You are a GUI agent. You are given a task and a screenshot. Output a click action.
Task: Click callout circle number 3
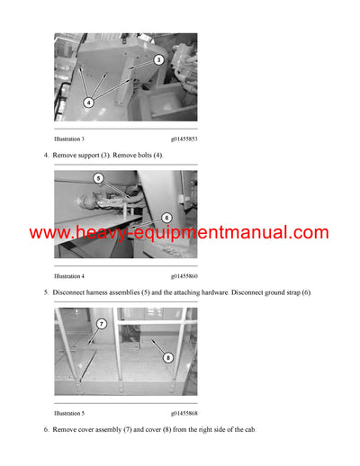tap(158, 60)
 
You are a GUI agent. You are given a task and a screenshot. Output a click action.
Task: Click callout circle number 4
tap(88, 103)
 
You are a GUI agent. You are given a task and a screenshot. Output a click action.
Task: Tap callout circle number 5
tap(99, 179)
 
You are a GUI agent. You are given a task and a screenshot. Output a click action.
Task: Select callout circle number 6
tap(166, 218)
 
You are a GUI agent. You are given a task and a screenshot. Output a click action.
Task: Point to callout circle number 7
tap(102, 324)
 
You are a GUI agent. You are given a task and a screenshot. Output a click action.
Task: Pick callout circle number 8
tap(168, 357)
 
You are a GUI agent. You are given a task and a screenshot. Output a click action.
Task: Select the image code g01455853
tap(184, 140)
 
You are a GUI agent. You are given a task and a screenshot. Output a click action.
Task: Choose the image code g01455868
tap(184, 413)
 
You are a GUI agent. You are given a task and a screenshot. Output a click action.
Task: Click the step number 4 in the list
tap(46, 156)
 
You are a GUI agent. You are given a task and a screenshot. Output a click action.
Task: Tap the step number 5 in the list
tap(46, 293)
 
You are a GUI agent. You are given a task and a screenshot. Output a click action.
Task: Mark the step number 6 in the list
tap(46, 430)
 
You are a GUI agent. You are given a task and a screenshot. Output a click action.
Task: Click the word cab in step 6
tap(249, 430)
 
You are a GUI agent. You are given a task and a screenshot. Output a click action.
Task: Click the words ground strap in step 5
tap(276, 293)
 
